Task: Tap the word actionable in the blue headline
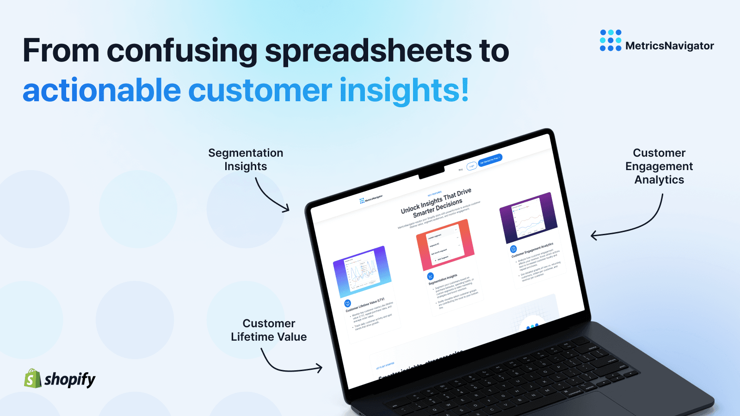101,91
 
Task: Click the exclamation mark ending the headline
464,90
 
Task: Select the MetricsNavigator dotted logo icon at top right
610,40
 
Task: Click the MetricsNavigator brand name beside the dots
669,46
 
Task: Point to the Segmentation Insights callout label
246,159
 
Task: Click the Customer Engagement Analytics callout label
659,166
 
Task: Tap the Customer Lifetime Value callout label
269,330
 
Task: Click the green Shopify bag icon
32,379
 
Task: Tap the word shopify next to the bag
70,379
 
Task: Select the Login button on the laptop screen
471,166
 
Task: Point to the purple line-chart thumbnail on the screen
528,218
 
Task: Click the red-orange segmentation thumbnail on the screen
445,245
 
